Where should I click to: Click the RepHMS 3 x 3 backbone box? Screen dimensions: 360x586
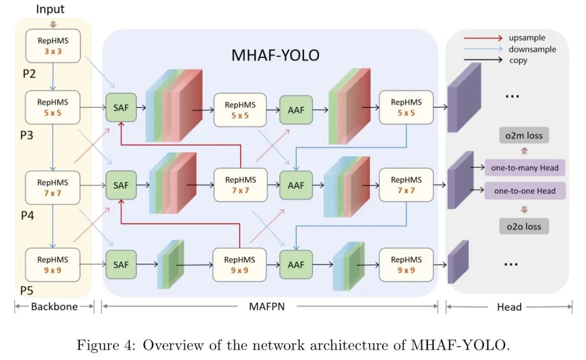point(53,46)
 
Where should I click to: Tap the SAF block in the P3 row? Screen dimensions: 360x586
point(121,108)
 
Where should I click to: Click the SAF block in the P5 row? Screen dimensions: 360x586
point(121,264)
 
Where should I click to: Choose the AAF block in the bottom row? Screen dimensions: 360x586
point(296,265)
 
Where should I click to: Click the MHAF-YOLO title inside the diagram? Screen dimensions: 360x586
point(276,55)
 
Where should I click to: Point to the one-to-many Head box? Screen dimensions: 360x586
point(524,168)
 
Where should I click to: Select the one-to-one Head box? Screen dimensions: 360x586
point(524,191)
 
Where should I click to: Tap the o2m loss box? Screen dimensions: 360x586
point(524,136)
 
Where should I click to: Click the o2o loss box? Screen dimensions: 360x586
point(524,226)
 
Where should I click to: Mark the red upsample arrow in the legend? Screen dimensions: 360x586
point(483,38)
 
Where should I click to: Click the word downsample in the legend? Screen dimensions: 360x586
point(532,49)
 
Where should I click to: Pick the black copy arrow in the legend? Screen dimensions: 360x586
point(483,60)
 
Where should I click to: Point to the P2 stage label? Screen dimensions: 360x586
point(29,74)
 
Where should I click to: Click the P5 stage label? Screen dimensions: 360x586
point(27,291)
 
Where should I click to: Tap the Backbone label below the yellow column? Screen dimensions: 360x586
point(54,307)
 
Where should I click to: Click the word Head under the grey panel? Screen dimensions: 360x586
point(509,307)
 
